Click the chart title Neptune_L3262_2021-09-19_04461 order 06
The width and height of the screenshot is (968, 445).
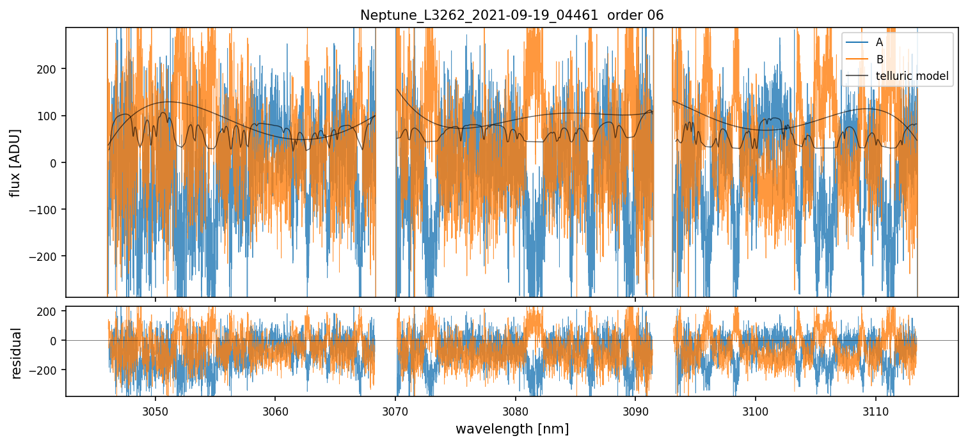point(512,15)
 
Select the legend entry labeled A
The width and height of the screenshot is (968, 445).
point(879,42)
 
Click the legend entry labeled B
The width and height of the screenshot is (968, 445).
point(879,59)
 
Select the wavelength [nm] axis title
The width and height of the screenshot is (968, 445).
point(512,428)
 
